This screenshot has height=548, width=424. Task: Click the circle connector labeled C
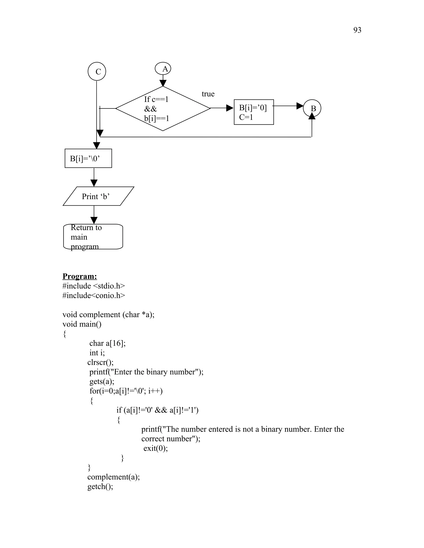(x=97, y=72)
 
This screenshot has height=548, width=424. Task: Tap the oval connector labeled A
(x=163, y=69)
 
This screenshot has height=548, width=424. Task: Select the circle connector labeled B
(x=312, y=108)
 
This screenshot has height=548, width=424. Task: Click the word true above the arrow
(x=208, y=94)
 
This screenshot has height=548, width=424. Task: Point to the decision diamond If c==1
(x=163, y=108)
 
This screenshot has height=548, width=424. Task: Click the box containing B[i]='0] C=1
(x=254, y=112)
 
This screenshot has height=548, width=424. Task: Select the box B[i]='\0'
(x=88, y=158)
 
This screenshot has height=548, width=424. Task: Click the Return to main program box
(x=93, y=237)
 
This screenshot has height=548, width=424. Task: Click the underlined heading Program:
(x=80, y=276)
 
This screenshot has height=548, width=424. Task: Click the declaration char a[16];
(x=107, y=343)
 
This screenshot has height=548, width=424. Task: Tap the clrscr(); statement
(x=100, y=362)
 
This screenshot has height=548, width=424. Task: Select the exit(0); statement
(x=155, y=448)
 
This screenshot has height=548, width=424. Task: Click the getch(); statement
(x=100, y=487)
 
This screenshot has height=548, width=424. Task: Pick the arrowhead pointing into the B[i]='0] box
(x=230, y=108)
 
